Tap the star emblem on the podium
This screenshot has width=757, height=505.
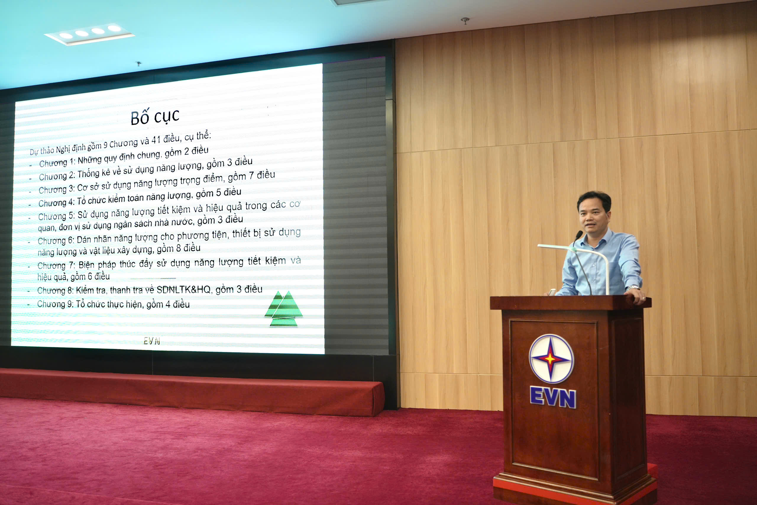(551, 359)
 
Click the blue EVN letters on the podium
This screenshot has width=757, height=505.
(553, 397)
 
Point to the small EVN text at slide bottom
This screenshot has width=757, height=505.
(151, 341)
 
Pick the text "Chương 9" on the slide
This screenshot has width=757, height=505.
(55, 304)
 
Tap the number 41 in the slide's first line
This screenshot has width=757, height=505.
(156, 140)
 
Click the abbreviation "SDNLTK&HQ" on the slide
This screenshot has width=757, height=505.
(183, 290)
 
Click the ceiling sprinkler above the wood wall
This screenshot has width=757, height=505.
(465, 21)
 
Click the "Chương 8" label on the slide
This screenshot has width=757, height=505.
(55, 290)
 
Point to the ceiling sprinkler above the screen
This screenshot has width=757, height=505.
(139, 64)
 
